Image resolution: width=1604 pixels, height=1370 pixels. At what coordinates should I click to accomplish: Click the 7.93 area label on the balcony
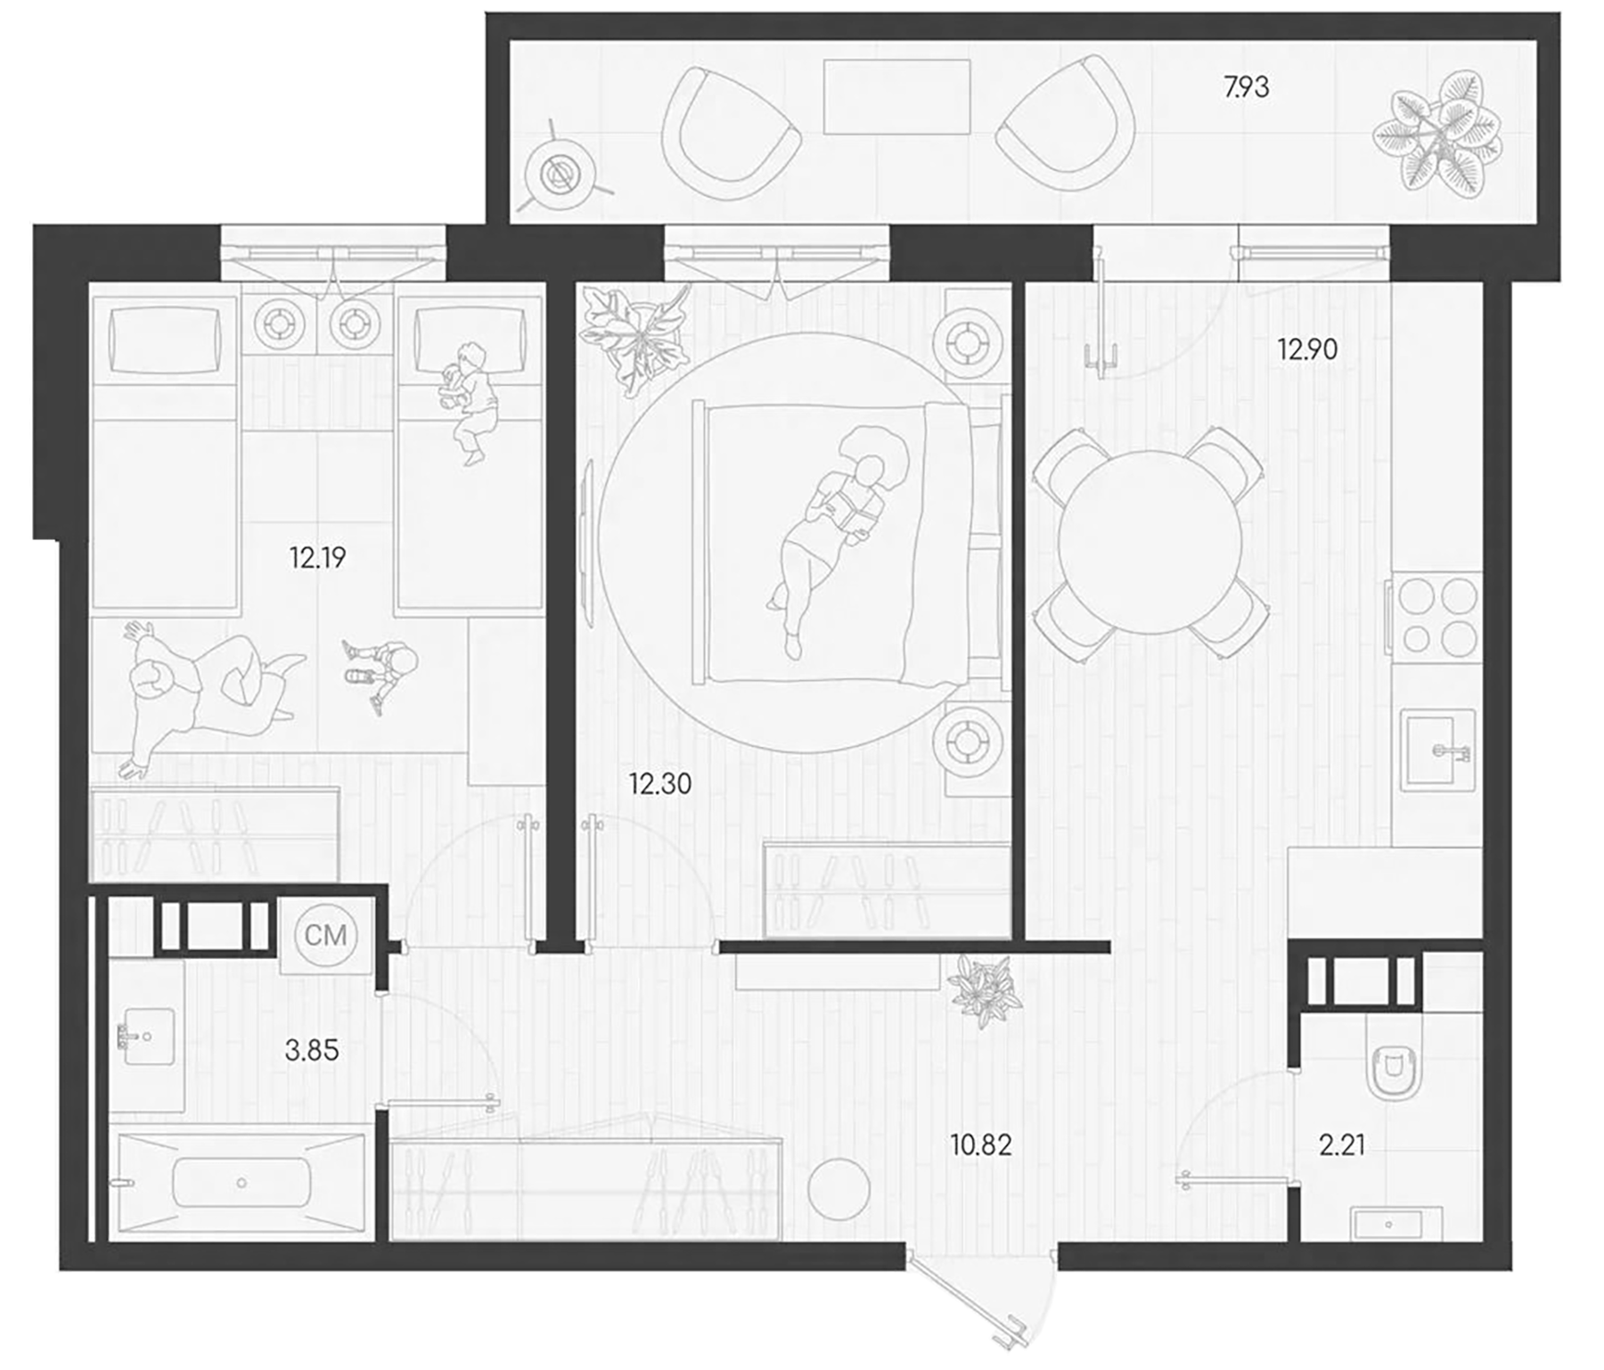pos(1246,87)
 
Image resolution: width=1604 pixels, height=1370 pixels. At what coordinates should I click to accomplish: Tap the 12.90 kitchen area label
pos(1307,349)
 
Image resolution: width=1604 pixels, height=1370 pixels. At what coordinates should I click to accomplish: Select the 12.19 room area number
pos(317,558)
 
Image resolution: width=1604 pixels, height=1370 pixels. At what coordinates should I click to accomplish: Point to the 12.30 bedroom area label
pos(659,784)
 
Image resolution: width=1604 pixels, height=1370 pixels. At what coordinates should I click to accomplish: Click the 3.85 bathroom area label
pos(312,1050)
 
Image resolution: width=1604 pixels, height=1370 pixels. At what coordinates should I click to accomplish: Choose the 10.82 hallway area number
pos(981,1145)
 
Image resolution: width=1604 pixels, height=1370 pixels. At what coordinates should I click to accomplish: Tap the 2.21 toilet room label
pos(1342,1145)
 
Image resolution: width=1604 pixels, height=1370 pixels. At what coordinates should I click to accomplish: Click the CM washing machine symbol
pos(325,935)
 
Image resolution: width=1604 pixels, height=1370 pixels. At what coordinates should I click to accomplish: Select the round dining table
pos(1150,542)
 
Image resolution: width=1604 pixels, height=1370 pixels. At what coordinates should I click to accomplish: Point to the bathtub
pos(241,1183)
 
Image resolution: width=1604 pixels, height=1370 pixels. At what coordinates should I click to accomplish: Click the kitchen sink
pos(1437,750)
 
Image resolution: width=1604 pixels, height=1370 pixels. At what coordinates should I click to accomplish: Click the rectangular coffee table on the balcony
pos(896,96)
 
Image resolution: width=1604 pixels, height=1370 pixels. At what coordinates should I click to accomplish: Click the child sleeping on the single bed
pos(468,401)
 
